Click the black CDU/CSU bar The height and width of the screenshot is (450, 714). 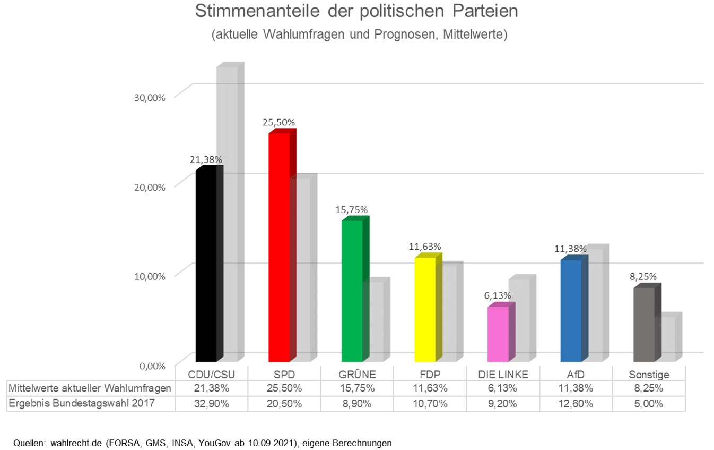(206, 266)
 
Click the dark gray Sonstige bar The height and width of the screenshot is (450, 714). (643, 324)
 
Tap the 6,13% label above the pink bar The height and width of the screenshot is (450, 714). (498, 295)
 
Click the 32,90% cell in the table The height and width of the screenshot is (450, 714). (212, 403)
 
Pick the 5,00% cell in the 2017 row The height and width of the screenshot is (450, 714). (648, 403)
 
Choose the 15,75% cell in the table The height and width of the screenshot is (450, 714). (357, 388)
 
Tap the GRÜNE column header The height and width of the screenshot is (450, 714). (357, 373)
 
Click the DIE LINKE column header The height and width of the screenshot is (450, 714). (502, 373)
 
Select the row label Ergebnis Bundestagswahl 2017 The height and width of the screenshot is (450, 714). (82, 403)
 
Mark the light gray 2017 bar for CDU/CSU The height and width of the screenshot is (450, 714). (228, 213)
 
